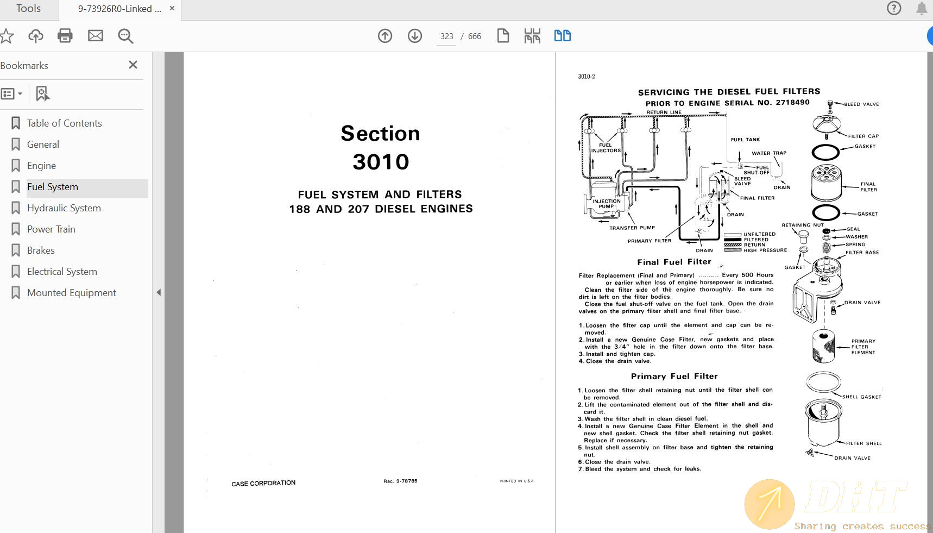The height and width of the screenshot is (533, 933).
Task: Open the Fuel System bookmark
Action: [53, 187]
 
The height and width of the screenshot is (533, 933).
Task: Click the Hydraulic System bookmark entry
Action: [64, 208]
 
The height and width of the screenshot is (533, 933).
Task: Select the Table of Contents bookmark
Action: [64, 123]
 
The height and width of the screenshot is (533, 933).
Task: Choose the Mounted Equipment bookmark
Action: [71, 293]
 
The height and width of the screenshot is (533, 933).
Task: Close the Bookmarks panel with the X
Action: [133, 65]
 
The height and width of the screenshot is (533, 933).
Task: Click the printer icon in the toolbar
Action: [65, 36]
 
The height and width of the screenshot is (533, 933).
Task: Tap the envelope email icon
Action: [96, 36]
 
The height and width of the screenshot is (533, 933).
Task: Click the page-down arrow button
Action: [415, 36]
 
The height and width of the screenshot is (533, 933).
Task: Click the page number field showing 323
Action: [446, 36]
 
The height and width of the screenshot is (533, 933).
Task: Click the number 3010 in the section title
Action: [381, 162]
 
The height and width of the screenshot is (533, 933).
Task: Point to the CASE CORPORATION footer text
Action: [263, 483]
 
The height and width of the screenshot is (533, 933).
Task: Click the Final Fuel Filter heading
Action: [674, 262]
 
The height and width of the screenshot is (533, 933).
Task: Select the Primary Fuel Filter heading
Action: [674, 376]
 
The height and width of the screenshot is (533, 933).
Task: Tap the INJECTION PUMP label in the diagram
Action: [606, 204]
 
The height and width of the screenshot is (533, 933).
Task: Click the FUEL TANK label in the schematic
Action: [745, 140]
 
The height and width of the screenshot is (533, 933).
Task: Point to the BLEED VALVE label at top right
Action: [861, 104]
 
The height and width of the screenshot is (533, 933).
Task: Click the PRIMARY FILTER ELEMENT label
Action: [863, 347]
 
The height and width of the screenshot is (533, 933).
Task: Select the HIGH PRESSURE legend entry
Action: [765, 250]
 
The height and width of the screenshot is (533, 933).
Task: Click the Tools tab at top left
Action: [28, 8]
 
